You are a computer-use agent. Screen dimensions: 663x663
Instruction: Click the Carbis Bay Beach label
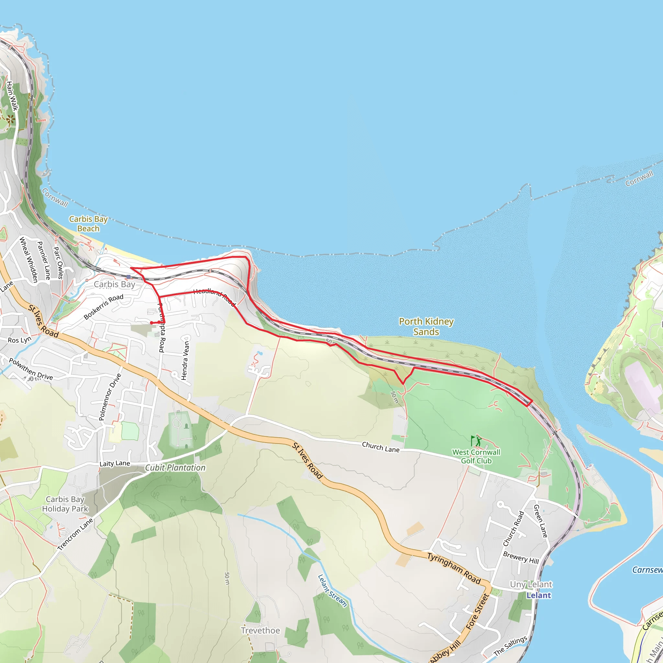coord(88,224)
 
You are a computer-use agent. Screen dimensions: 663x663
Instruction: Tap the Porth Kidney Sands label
coord(426,326)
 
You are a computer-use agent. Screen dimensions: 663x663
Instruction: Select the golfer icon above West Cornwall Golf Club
coord(476,441)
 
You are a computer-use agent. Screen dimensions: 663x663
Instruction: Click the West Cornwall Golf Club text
coord(476,456)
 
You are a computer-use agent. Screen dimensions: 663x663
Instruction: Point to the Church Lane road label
coord(381,447)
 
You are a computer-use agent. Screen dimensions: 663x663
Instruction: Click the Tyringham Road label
coord(454,568)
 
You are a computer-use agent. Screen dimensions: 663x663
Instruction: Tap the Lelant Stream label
coord(332,590)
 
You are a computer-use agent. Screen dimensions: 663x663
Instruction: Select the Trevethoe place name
coord(260,630)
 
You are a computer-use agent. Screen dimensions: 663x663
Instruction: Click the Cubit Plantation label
coord(175,468)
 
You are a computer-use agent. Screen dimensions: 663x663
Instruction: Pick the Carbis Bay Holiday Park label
coord(65,504)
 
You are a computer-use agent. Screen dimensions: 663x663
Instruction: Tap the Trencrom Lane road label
coord(75,534)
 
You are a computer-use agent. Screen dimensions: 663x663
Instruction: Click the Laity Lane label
coord(115,464)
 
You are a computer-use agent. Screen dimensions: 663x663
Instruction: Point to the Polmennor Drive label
coord(110,397)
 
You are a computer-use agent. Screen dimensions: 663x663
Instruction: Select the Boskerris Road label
coord(103,307)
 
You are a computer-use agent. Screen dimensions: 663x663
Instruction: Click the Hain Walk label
coord(12,96)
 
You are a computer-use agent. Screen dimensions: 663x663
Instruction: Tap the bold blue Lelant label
coord(538,595)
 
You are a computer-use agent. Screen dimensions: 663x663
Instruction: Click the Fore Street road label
coord(477,612)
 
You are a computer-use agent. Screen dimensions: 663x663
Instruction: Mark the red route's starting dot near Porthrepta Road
coord(151,323)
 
